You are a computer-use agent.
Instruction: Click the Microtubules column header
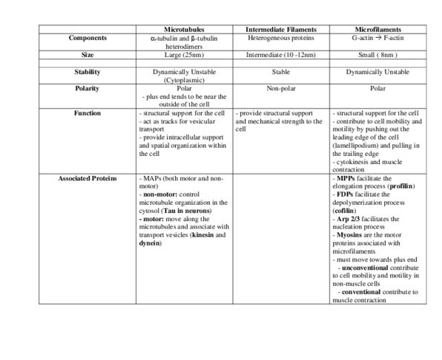pos(184,29)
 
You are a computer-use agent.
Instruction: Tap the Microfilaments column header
pos(377,29)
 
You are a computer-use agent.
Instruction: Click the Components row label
pos(88,37)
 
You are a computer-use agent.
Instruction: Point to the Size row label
pos(88,55)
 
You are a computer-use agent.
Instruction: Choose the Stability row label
pos(88,72)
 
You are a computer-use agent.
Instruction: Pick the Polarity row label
pos(88,88)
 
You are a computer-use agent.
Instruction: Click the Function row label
pos(88,113)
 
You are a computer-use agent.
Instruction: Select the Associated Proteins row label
pos(88,179)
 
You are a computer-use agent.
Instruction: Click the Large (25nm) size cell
pos(184,55)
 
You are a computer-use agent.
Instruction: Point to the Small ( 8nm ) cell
pos(377,55)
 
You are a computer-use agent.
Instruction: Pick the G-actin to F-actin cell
pos(377,37)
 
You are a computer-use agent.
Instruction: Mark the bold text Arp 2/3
pos(348,219)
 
